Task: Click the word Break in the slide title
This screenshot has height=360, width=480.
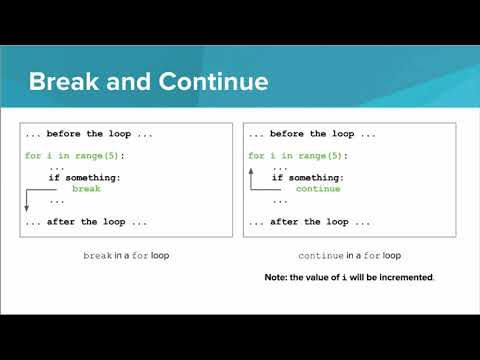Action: pos(62,80)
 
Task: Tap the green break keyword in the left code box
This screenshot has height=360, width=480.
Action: pos(86,188)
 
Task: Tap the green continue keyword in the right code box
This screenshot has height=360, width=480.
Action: pos(318,188)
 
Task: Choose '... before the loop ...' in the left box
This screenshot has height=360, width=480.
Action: pos(85,134)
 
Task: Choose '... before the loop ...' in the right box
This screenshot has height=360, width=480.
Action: pos(309,134)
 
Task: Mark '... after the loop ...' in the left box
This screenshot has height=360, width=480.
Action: pos(85,221)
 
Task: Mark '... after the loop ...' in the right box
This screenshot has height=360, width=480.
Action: pos(309,221)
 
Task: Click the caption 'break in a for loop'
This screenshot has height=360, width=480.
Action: pos(126,256)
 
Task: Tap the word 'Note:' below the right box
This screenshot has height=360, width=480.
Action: pos(276,277)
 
